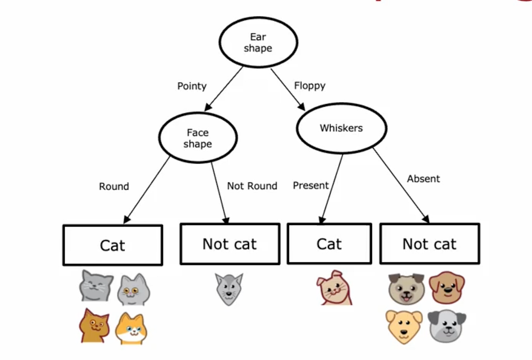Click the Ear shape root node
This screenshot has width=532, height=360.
click(x=258, y=43)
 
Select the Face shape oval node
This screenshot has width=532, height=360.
click(x=198, y=138)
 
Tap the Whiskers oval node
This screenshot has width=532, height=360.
click(x=341, y=128)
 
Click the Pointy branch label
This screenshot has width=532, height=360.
click(x=192, y=86)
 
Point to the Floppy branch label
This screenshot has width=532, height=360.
click(x=309, y=86)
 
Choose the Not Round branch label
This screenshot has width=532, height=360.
click(x=252, y=186)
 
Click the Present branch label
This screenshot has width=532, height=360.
click(x=311, y=185)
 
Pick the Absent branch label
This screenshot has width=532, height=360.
click(x=423, y=179)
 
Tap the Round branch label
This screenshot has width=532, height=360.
click(x=114, y=186)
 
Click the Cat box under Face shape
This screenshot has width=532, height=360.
click(x=113, y=245)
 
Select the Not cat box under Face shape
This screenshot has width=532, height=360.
click(x=230, y=244)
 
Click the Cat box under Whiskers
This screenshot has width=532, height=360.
click(x=329, y=244)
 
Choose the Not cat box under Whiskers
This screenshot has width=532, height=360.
click(x=429, y=244)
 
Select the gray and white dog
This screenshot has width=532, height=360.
click(x=446, y=326)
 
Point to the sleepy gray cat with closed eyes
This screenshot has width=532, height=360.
click(x=96, y=286)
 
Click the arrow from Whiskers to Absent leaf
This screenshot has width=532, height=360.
click(x=401, y=184)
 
